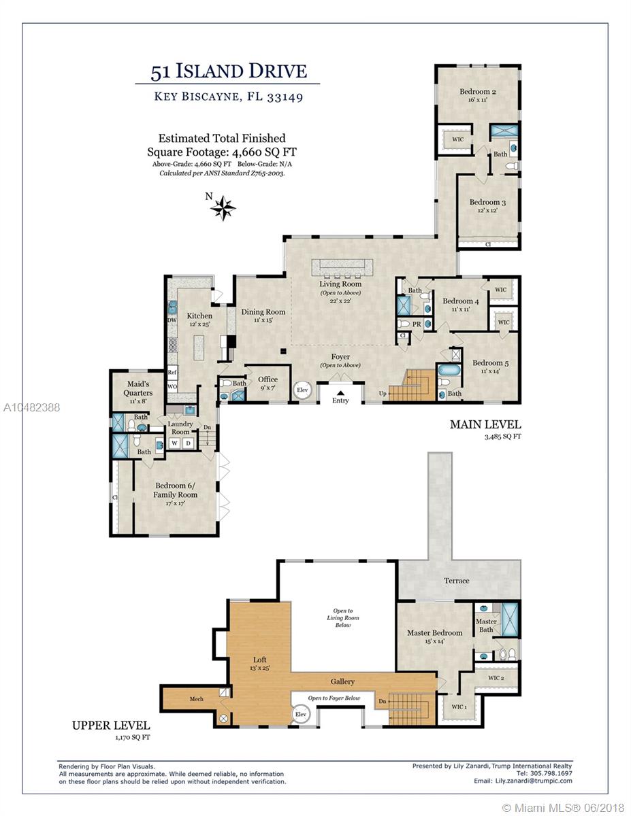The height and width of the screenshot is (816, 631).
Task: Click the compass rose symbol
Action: [223, 207]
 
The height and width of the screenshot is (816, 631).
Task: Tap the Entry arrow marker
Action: [340, 393]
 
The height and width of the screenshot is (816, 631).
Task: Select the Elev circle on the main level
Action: [302, 390]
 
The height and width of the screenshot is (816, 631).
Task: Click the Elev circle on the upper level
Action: [301, 714]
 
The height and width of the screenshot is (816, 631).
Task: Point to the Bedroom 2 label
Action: [477, 91]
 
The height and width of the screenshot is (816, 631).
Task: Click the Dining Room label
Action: [263, 311]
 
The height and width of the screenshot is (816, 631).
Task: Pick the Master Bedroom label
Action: [434, 633]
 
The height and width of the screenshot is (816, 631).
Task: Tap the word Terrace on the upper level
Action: [456, 581]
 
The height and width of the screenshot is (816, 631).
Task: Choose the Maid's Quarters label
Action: [138, 388]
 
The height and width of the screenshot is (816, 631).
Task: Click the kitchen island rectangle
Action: [199, 347]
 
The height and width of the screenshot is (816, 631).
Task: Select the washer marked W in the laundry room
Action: [174, 443]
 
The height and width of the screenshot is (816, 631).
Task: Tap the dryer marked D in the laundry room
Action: [189, 443]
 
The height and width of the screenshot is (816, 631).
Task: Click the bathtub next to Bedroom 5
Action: [449, 371]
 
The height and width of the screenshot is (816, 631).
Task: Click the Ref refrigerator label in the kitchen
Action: [172, 372]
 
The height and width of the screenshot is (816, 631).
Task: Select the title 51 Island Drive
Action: [229, 71]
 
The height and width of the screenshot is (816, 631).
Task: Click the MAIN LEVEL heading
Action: [485, 425]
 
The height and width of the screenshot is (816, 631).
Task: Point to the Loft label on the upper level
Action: [260, 660]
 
